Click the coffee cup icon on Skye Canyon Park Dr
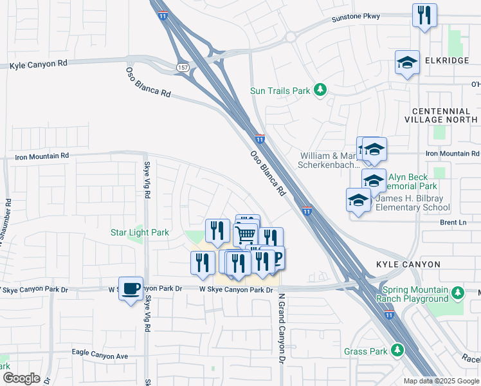point(131,289)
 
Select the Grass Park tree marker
point(398,351)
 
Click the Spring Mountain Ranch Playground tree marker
point(457,293)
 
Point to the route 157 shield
point(181,67)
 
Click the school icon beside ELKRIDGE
point(407,63)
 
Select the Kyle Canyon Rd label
point(39,66)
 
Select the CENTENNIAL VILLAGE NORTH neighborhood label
point(440,115)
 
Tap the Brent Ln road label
point(453,223)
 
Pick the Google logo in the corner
point(21,378)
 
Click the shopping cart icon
point(246,235)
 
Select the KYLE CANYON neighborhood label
point(408,264)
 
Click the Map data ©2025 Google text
point(441,381)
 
